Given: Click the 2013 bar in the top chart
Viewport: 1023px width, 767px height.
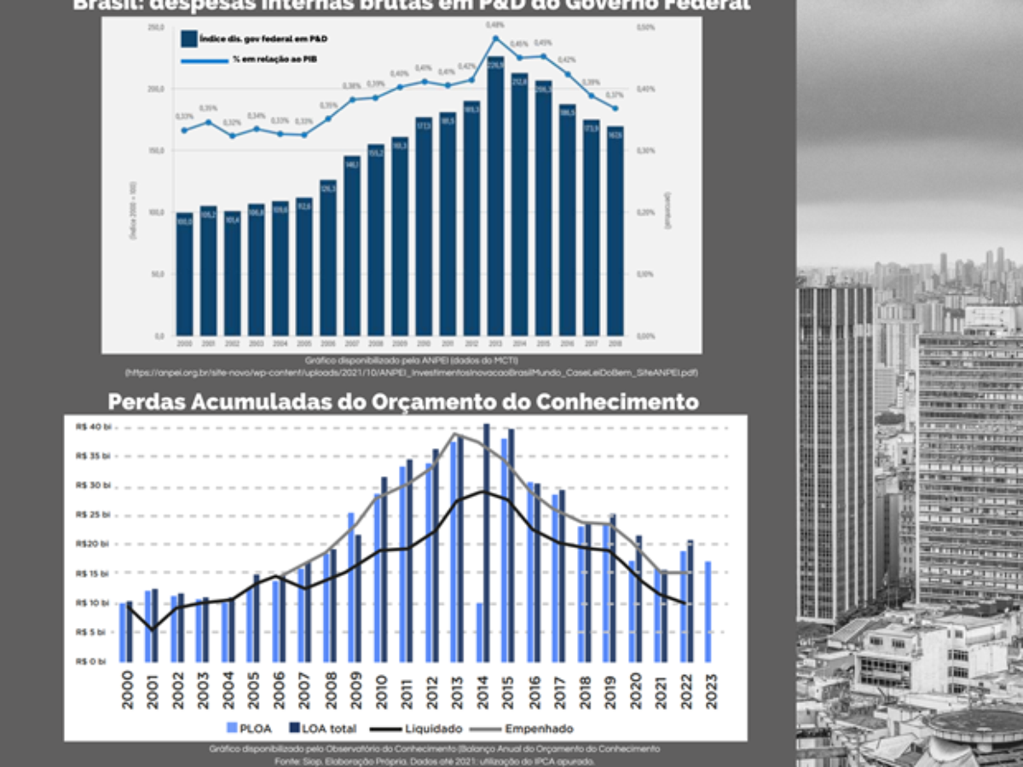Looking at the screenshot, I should pos(495,196).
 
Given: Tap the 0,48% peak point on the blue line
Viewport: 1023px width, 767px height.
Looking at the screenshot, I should pos(495,38).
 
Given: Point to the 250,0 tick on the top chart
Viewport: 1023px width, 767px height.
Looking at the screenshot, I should pos(156,28).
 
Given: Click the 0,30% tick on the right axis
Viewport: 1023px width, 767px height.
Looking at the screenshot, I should pos(646,151).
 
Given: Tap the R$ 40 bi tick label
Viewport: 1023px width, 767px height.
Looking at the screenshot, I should pos(93,427).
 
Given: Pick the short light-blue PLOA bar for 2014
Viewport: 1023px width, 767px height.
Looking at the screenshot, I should pos(479,632).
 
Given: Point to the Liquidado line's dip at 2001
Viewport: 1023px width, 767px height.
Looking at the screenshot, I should pos(153,629).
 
